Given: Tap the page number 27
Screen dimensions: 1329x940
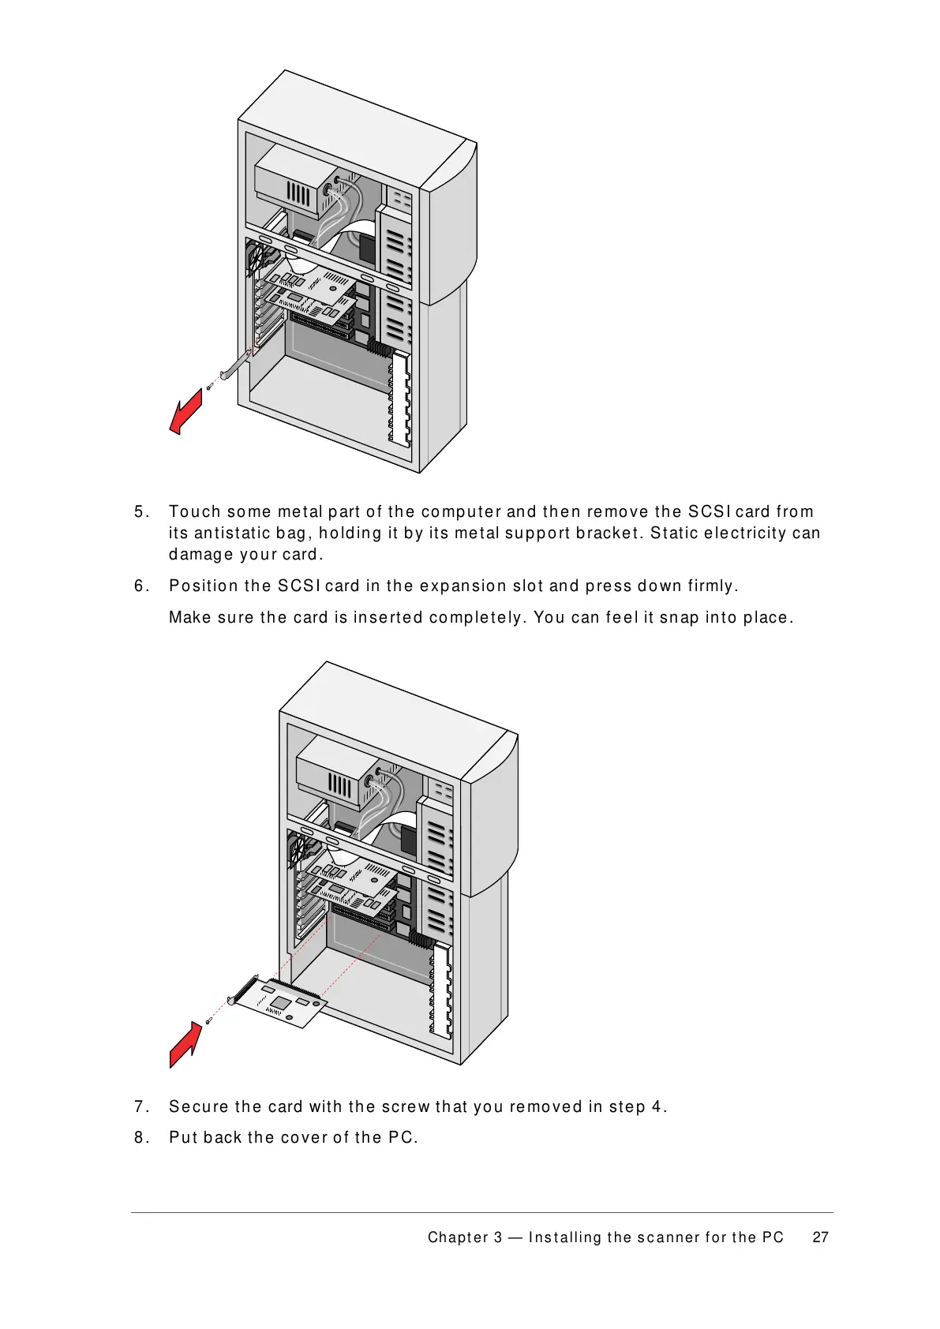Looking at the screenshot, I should (x=820, y=1237).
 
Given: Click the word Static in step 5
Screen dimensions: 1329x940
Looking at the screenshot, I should (x=670, y=533).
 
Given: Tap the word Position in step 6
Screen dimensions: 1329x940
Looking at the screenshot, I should (x=203, y=586).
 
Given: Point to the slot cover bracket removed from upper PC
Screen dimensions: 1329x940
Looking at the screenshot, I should (x=236, y=365).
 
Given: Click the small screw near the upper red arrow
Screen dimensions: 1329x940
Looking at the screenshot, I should (x=210, y=387).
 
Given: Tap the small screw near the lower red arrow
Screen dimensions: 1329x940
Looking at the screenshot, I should (x=208, y=1021).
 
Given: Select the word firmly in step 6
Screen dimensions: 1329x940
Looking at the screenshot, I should (x=713, y=586).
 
